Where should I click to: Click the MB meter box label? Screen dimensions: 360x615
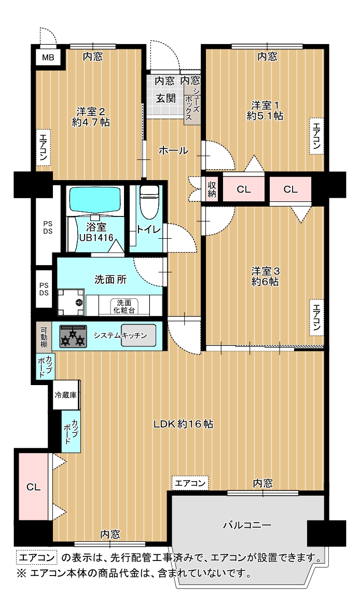[x=48, y=58]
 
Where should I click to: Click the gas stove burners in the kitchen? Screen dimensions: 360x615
[x=73, y=336]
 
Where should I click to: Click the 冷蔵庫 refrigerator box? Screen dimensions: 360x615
[x=66, y=395]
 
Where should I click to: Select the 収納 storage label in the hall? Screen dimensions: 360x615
[x=212, y=189]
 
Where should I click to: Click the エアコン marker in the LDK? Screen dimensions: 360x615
[x=190, y=483]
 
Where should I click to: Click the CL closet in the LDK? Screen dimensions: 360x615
[x=34, y=487]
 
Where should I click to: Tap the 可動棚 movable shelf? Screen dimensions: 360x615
[x=44, y=336]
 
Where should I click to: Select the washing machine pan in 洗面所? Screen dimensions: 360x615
[x=71, y=302]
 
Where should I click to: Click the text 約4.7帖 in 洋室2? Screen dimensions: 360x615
[x=91, y=122]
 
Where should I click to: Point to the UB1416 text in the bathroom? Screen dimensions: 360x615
[x=96, y=237]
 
